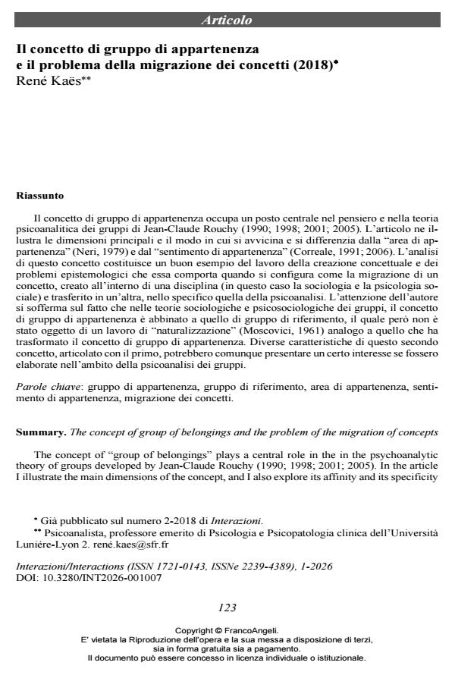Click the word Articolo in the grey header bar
click(227, 20)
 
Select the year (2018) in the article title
click(312, 67)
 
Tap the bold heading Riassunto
click(40, 196)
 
